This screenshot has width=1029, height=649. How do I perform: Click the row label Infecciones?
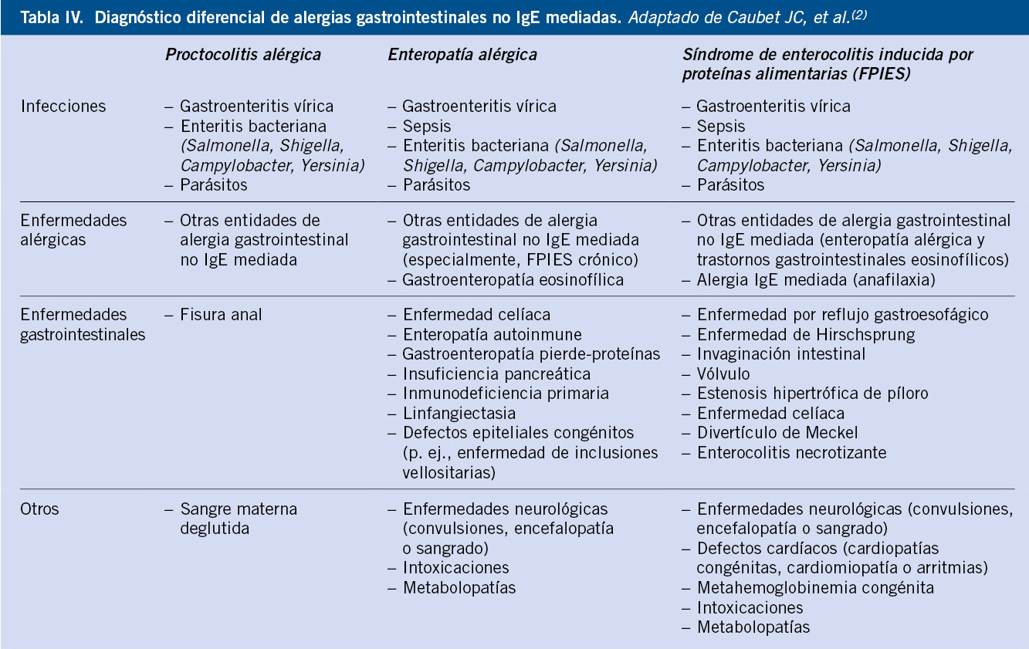[x=63, y=106]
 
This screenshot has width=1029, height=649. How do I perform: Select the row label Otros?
[x=40, y=509]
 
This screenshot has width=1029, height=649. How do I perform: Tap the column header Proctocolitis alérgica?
[x=242, y=55]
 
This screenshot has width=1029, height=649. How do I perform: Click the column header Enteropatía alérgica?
[x=462, y=55]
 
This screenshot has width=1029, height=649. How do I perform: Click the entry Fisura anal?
[x=221, y=315]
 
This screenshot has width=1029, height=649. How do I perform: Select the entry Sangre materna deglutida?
[x=238, y=519]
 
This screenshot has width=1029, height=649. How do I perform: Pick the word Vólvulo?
[x=723, y=374]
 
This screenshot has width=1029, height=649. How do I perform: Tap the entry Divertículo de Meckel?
[x=777, y=432]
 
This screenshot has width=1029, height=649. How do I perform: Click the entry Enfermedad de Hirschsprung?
[x=806, y=335]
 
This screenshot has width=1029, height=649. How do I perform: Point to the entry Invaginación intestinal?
[x=781, y=354]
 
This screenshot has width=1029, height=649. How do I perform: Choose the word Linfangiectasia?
[x=459, y=413]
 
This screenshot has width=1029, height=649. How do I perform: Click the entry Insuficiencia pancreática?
[x=496, y=374]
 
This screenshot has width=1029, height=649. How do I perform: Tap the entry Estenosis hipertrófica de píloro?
[x=812, y=394]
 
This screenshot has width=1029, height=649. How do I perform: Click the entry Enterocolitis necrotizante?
[x=792, y=452]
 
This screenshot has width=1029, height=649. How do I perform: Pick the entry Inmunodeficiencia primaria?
[x=506, y=394]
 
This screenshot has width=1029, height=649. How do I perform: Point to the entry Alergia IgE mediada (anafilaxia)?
[x=816, y=279]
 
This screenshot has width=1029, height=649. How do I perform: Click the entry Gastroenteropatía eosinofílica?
[x=513, y=279]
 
